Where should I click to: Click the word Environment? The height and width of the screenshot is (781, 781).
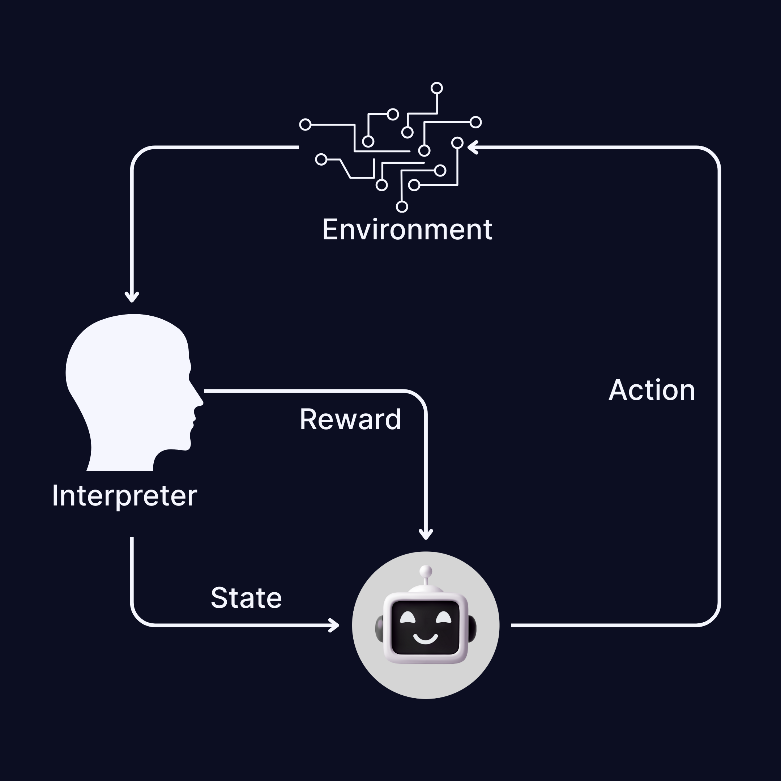407,230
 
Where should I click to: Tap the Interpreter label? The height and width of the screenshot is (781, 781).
124,496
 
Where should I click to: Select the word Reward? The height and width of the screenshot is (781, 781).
350,419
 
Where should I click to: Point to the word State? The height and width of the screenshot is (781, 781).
246,598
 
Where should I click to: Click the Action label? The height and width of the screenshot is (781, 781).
652,390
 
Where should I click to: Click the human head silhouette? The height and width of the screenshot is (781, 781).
129,388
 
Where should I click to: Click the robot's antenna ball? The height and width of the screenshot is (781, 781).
426,571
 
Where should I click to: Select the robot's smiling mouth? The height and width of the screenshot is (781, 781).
425,639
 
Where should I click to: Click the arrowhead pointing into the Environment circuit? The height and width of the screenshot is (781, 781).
472,148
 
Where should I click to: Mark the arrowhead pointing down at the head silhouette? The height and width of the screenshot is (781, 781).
132,298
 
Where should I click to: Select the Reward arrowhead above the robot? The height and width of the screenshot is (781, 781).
426,535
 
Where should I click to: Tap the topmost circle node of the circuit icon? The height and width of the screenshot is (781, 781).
436,88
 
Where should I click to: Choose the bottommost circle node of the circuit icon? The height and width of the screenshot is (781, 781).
402,206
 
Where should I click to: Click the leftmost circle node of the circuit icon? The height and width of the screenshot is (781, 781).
305,124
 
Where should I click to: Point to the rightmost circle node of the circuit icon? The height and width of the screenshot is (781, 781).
476,122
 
